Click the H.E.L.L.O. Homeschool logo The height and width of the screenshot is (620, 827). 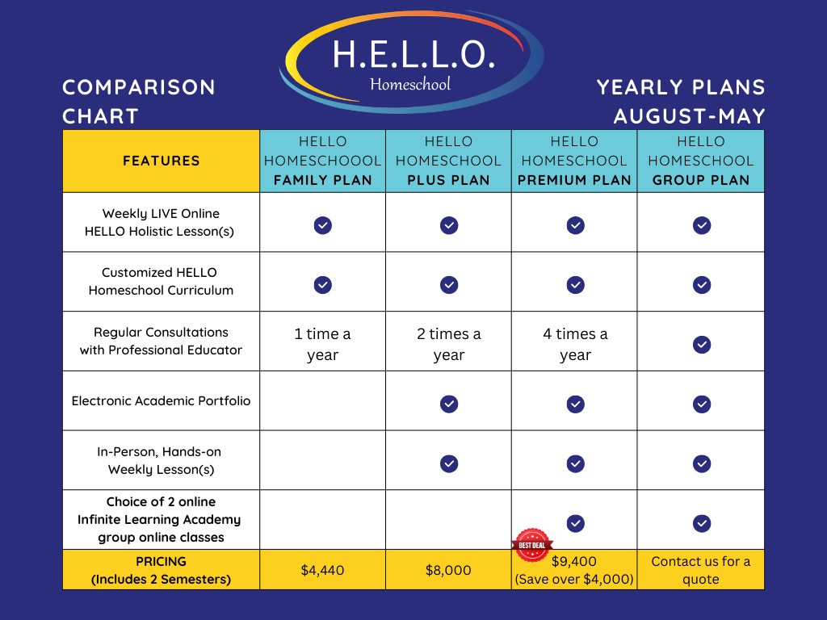pos(412,61)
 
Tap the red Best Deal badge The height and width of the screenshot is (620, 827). pos(532,545)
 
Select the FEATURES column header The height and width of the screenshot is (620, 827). pos(162,161)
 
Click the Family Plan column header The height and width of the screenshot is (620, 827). pos(322,161)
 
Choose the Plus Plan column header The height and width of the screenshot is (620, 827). pos(448,161)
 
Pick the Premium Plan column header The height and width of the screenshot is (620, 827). pos(574,161)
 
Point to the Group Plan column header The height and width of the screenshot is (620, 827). pos(701,161)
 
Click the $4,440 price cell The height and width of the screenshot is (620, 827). pos(322,570)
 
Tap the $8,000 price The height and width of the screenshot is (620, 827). pos(448,570)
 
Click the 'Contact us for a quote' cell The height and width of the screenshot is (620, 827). pos(701,570)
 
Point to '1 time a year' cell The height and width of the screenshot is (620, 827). pos(322,345)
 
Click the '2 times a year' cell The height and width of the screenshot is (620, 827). pos(448,345)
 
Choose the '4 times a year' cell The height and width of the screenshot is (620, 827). pos(575,345)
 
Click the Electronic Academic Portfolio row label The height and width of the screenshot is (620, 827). pos(162,400)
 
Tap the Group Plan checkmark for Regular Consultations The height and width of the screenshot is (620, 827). pos(702,345)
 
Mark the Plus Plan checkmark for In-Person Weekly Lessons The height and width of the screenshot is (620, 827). pos(449,463)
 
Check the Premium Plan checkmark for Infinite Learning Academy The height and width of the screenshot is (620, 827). pos(575,523)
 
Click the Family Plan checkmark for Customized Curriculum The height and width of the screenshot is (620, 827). pos(322,284)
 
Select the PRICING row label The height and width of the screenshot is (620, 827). pos(162,570)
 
